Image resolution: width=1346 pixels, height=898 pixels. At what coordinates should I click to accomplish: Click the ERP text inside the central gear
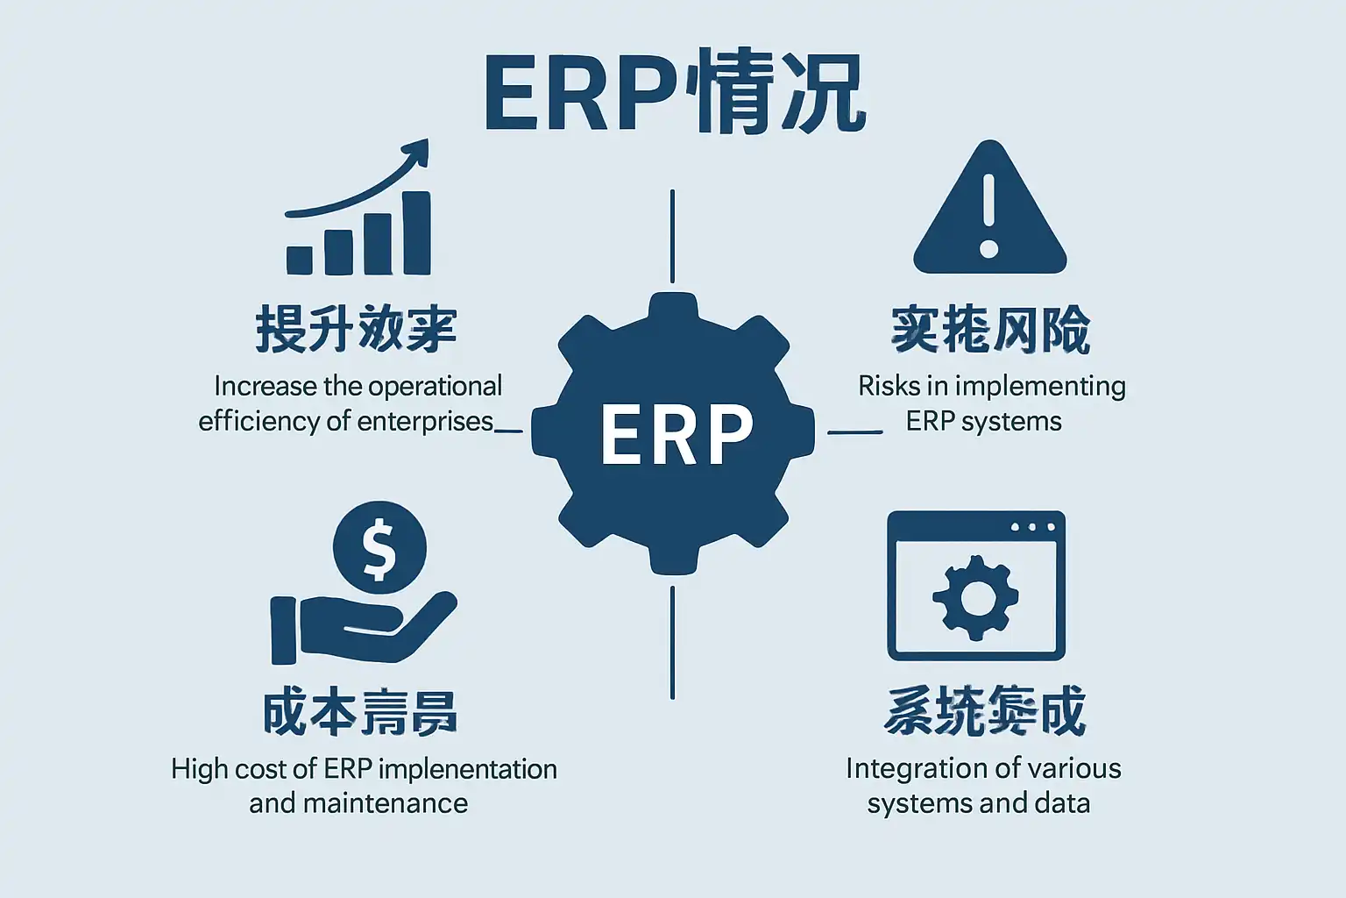(x=676, y=433)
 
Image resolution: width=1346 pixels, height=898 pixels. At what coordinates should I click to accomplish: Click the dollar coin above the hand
(x=379, y=549)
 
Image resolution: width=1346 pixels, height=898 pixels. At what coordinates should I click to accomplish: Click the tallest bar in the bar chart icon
(x=416, y=233)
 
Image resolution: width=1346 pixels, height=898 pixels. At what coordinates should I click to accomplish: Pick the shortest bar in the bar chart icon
(x=300, y=260)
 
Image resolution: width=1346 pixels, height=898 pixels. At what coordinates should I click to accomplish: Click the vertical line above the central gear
(x=672, y=235)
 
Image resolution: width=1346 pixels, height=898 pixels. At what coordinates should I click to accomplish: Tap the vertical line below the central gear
(x=672, y=642)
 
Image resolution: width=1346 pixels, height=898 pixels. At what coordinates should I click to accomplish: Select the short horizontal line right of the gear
(x=854, y=431)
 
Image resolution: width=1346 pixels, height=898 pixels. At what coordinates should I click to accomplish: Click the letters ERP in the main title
(x=580, y=96)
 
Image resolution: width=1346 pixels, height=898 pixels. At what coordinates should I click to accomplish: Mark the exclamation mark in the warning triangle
(x=989, y=216)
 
